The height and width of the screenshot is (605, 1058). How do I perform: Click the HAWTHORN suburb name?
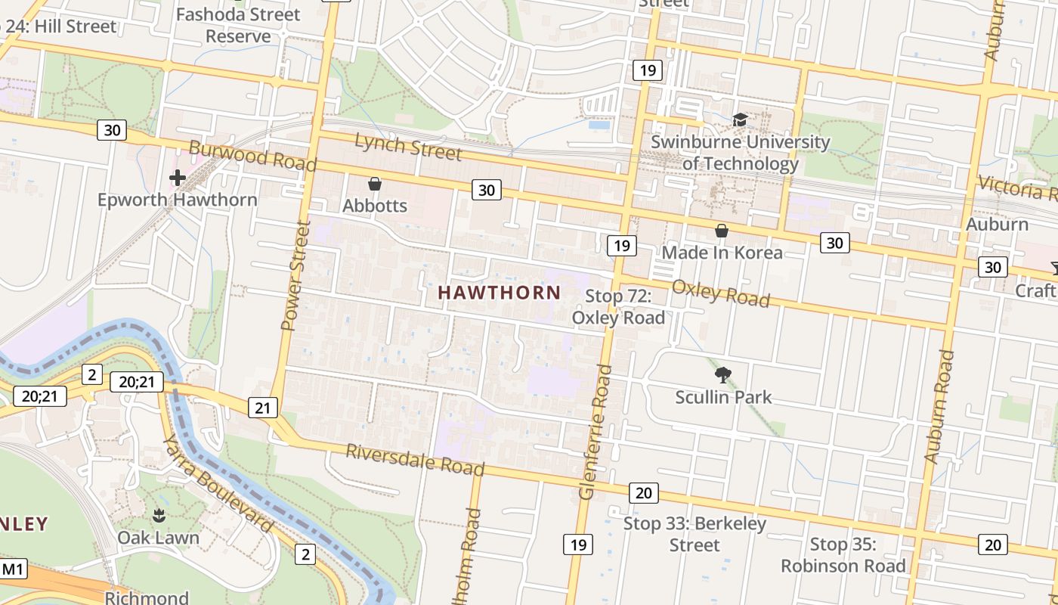(x=500, y=293)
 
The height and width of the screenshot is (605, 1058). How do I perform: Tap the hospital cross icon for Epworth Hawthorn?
(x=178, y=178)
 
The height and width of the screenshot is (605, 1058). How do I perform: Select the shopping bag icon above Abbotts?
(x=374, y=184)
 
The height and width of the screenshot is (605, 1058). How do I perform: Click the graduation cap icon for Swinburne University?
(x=740, y=119)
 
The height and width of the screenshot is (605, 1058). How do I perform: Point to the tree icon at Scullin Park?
(x=723, y=374)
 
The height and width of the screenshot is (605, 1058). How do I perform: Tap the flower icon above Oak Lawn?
(x=159, y=516)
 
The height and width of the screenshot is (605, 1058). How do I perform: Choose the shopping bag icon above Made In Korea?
(x=722, y=231)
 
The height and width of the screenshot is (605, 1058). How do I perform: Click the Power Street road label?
(x=295, y=275)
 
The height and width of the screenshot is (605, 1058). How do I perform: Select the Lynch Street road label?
(x=407, y=146)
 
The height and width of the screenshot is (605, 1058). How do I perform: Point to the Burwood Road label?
(x=252, y=155)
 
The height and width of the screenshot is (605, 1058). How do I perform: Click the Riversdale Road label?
(x=415, y=459)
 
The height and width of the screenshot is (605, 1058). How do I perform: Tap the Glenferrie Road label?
(x=595, y=431)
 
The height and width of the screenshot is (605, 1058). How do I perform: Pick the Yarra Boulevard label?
(x=217, y=484)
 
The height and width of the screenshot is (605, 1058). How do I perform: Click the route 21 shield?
(x=261, y=408)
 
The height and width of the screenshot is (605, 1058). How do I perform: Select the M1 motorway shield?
(x=13, y=569)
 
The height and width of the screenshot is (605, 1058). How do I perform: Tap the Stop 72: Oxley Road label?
(x=618, y=307)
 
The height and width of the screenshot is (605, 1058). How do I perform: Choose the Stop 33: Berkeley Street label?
(x=695, y=534)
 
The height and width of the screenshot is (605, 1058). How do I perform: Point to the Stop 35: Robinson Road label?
(x=843, y=555)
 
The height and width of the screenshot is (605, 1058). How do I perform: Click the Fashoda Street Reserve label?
(x=238, y=25)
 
